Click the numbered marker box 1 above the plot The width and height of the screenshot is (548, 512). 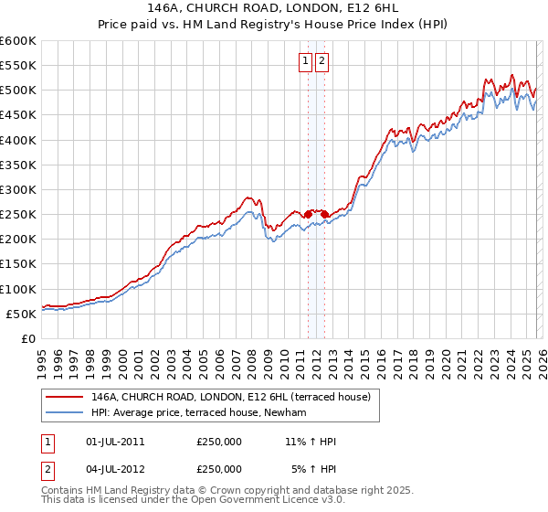coord(304,61)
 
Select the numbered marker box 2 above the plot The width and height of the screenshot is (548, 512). coord(322,61)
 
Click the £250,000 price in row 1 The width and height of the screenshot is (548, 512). coord(219,442)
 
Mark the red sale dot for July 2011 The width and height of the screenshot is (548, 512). coord(308,214)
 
